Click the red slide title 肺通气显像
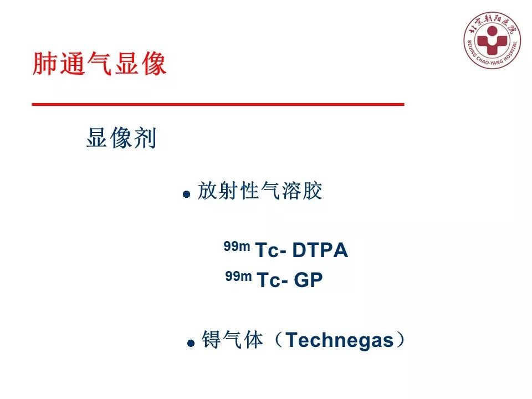coord(100,64)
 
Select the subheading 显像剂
coord(121,138)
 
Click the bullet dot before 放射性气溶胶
coord(187,195)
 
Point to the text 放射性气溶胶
coord(260,191)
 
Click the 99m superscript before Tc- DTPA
coord(237,247)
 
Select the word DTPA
coord(320,251)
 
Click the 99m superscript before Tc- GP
coord(239,276)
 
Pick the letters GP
coord(308,280)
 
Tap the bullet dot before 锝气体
coord(191,344)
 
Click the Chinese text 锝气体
coord(232,340)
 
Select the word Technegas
coord(339,340)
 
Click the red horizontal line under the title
coord(218,104)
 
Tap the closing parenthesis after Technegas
coord(400,340)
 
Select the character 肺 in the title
coord(45,64)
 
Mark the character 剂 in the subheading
coord(146,138)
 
